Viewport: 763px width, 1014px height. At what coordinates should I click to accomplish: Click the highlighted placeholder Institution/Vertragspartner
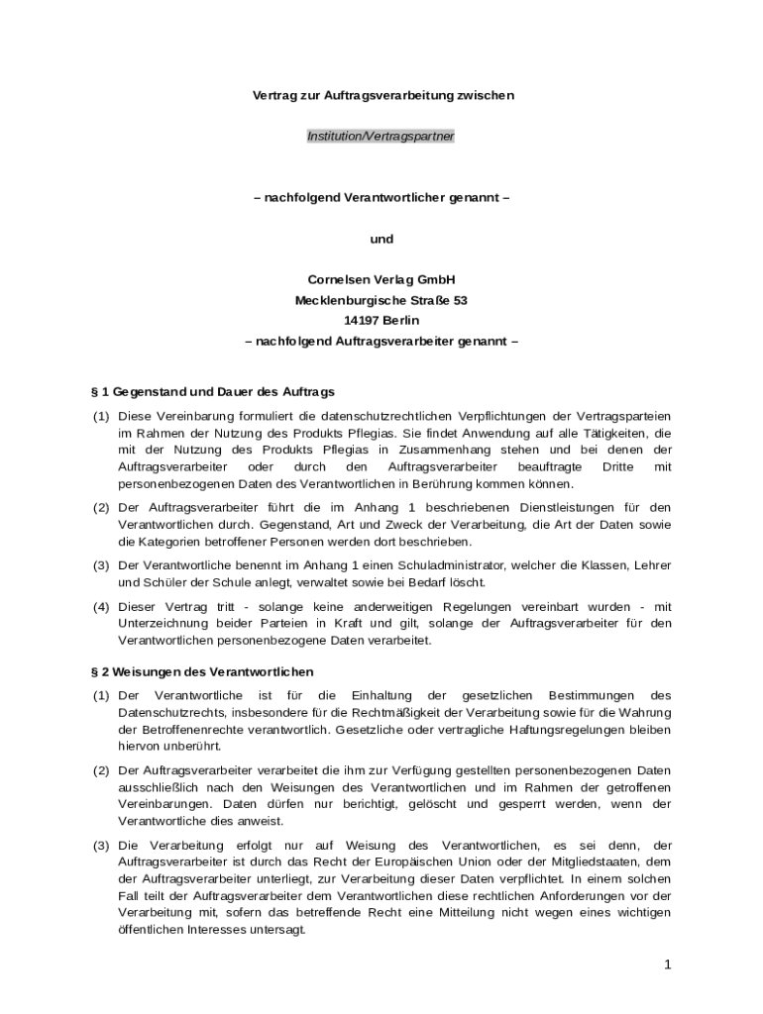[381, 137]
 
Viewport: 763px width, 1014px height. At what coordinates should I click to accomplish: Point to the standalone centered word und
[381, 239]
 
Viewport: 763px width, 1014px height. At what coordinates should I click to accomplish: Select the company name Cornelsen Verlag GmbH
[381, 280]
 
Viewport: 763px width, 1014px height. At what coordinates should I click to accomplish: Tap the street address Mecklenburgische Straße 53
[381, 300]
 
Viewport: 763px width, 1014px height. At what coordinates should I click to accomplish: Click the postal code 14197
[364, 320]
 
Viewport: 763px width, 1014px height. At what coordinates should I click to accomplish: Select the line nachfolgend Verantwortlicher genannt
[381, 197]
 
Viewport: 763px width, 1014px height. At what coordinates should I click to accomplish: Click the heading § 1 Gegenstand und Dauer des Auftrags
[212, 392]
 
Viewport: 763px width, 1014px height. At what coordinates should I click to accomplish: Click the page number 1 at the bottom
[668, 963]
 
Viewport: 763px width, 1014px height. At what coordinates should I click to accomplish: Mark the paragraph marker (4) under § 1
[101, 606]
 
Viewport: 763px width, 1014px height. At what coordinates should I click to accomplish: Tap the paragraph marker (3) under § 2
[101, 845]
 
